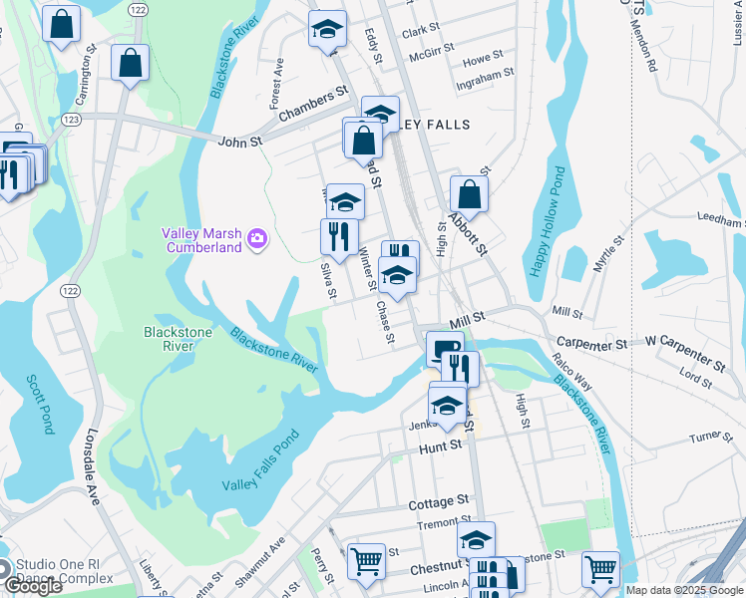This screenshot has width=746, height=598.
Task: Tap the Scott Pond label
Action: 41,405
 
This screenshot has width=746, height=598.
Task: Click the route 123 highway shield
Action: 71,119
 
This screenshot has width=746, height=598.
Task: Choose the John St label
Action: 240,143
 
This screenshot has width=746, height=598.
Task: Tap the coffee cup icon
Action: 444,348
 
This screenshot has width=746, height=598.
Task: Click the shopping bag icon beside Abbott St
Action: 469,194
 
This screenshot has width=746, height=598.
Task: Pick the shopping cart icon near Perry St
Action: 366,561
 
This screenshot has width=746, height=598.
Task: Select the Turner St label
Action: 711,436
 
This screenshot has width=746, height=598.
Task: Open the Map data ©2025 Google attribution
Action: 684,590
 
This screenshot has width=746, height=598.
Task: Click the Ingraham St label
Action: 484,73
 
